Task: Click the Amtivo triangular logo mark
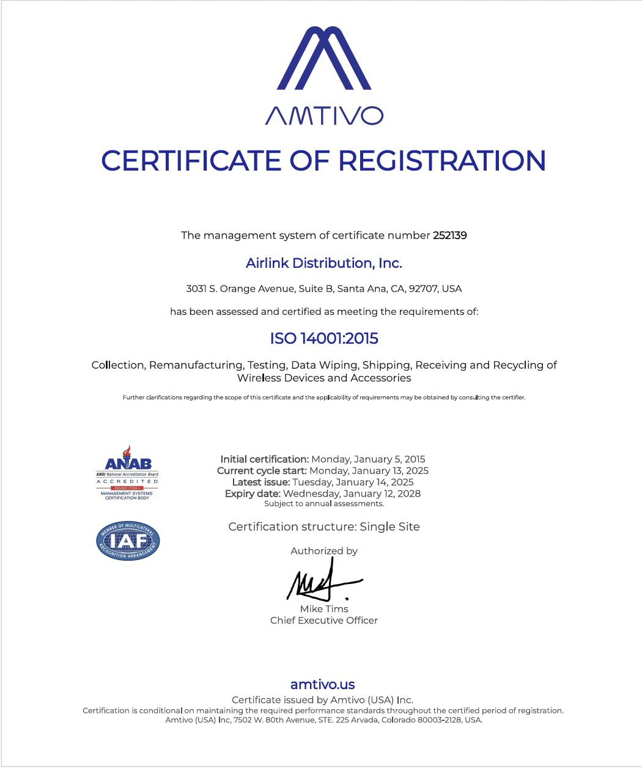coord(324,59)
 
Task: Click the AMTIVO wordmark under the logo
coord(324,116)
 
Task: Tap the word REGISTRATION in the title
coord(442,161)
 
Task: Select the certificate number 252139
coord(450,235)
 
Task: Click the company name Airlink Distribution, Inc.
coord(323,264)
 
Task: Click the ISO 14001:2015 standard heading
coord(324,338)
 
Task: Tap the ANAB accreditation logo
coord(127,472)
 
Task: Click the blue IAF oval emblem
coord(128,541)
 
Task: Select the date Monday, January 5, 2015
coord(368,459)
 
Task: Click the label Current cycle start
coord(262,471)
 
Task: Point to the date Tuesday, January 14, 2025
coord(353,482)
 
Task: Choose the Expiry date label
coord(252,493)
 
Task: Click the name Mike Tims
coord(324,609)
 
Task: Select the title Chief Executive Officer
coord(324,621)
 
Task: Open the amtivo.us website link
coord(323,685)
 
